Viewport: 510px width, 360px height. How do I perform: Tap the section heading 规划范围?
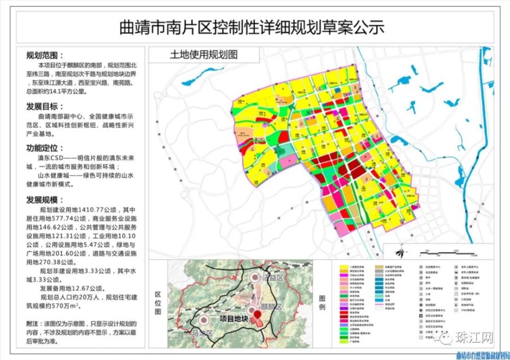pos(45,56)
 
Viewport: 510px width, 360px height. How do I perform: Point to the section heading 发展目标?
pos(45,107)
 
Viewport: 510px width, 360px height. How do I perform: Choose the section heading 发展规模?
pos(45,199)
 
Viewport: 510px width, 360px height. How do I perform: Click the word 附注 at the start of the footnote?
pos(32,323)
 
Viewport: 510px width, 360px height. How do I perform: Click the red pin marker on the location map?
pos(258,320)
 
